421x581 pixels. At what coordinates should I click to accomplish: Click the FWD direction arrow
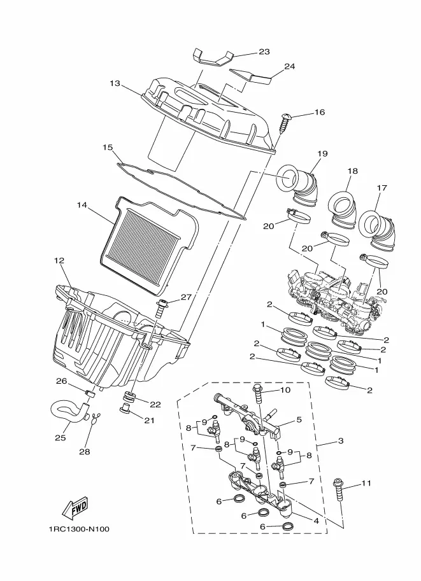(x=75, y=507)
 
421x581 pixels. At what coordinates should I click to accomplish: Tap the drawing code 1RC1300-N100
(x=78, y=529)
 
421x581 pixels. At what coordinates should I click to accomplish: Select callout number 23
(x=264, y=52)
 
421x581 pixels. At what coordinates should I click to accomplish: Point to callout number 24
(x=289, y=66)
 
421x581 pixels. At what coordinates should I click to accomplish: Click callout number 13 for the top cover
(x=115, y=83)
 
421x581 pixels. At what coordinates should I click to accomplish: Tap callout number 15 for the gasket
(x=108, y=148)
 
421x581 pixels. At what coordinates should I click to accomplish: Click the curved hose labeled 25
(x=69, y=410)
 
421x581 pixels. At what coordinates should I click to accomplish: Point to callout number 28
(x=85, y=452)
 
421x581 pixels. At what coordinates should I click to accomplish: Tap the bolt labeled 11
(x=339, y=490)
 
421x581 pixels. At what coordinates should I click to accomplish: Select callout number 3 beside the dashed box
(x=341, y=441)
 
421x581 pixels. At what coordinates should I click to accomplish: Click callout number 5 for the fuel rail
(x=299, y=420)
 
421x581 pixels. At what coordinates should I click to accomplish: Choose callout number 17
(x=382, y=188)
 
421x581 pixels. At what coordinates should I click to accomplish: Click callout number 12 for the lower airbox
(x=59, y=260)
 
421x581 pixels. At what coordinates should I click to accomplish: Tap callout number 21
(x=149, y=420)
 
